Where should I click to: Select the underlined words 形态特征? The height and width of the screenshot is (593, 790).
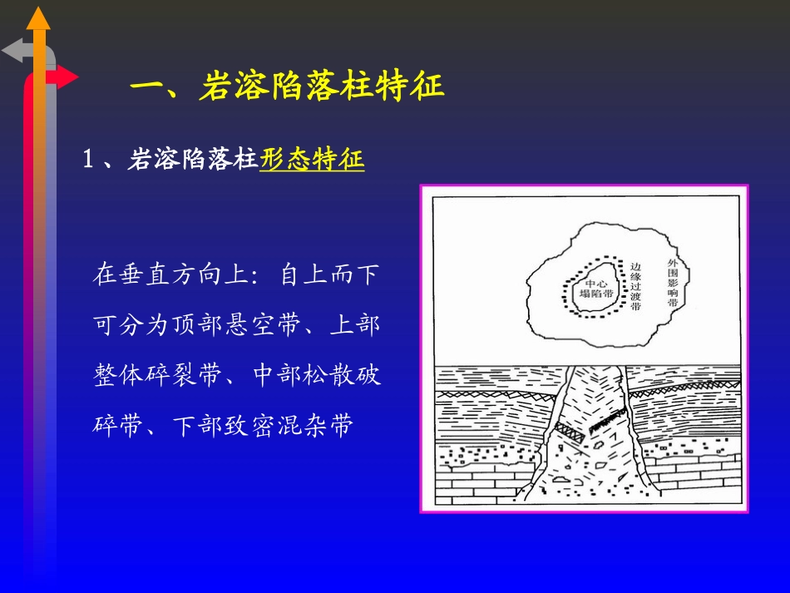[x=312, y=159]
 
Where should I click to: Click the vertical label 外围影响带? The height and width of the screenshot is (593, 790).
[x=673, y=283]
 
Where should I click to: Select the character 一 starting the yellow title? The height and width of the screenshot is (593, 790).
[x=151, y=86]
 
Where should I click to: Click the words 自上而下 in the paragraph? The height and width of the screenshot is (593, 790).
[x=329, y=275]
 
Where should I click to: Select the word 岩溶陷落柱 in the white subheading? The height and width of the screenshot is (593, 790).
[x=193, y=159]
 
